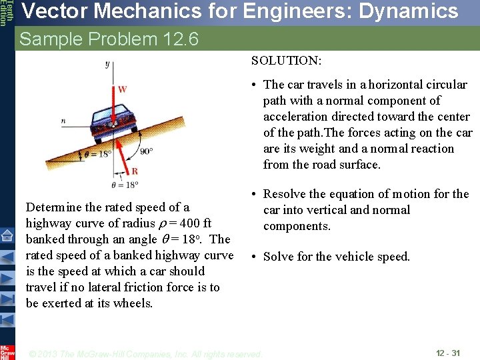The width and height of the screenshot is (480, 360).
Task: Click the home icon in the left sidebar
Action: point(7,235)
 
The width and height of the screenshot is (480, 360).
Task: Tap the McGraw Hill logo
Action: point(7,351)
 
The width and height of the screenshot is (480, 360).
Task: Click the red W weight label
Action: point(122,89)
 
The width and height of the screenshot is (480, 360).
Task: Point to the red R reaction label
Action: point(135,171)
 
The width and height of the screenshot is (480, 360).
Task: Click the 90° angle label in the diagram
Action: point(145,151)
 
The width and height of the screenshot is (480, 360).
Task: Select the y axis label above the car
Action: point(107,64)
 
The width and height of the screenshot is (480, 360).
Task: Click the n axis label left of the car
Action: point(63,121)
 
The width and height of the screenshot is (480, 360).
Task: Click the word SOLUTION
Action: point(286,61)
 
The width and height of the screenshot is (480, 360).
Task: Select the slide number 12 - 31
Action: point(447,353)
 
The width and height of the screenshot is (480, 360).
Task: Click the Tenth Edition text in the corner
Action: point(5,13)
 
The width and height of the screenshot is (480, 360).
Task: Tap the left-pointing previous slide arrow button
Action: point(7,256)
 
